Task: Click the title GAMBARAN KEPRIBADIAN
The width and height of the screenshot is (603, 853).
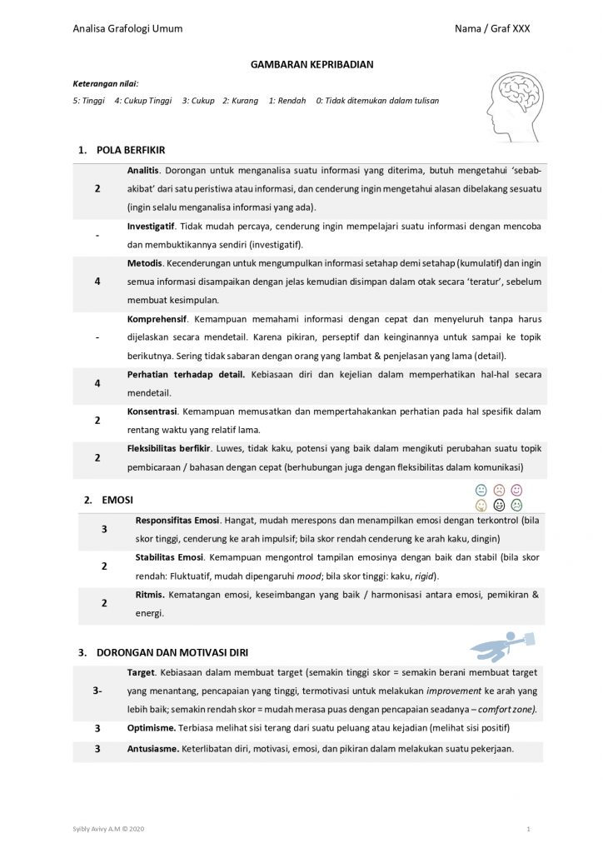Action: (x=301, y=64)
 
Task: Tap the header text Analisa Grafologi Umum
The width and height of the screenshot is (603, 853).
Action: (x=127, y=28)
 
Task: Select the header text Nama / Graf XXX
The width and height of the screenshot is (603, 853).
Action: (x=491, y=28)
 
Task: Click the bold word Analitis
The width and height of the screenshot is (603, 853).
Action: (x=142, y=170)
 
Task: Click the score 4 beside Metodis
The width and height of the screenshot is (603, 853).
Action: (x=97, y=281)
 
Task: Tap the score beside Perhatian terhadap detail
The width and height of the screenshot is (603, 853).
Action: (x=97, y=383)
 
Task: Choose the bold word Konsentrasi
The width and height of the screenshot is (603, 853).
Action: (x=151, y=412)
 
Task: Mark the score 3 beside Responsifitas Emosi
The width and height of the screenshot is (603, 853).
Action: (x=103, y=529)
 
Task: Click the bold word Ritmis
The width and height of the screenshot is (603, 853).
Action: (x=150, y=595)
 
